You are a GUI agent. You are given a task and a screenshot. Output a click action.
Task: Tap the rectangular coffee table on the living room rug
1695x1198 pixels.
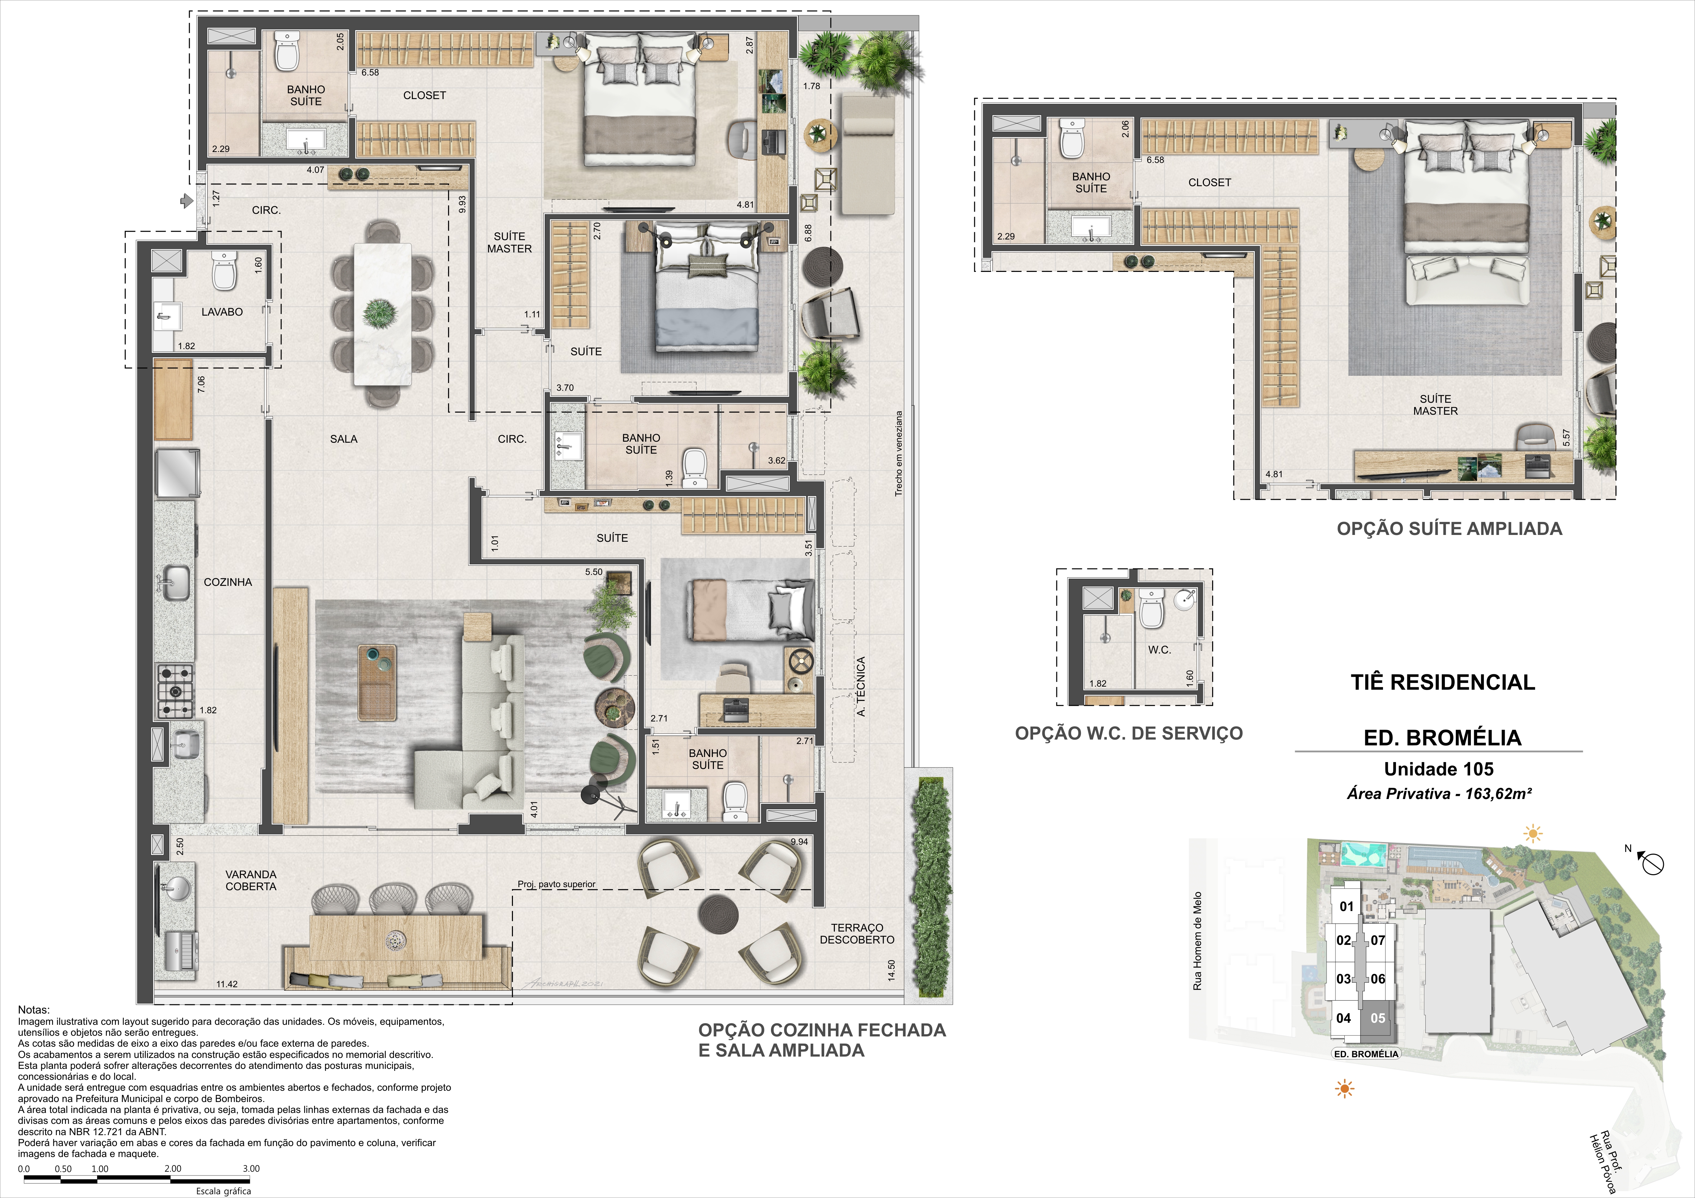pos(377,682)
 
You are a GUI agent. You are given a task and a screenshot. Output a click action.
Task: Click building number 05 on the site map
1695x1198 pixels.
pos(1378,1018)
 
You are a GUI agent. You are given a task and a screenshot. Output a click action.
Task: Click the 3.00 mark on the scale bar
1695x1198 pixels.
pos(251,1169)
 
